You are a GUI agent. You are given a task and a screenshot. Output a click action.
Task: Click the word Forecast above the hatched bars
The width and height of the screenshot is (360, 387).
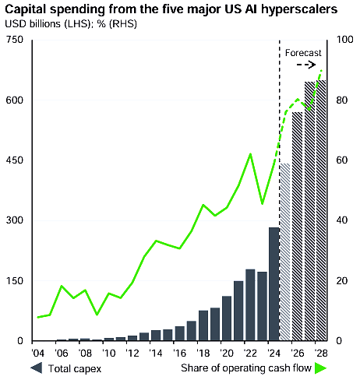303,53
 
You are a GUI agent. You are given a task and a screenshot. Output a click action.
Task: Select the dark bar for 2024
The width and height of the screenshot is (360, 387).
274,284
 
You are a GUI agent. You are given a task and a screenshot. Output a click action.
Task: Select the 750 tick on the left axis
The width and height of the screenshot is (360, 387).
14,40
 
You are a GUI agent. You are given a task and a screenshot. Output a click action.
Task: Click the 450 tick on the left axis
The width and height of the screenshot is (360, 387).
14,160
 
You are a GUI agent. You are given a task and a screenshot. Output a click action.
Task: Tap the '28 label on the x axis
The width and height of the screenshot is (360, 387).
320,352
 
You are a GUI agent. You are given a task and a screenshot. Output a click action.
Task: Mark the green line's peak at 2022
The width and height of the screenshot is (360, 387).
250,154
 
